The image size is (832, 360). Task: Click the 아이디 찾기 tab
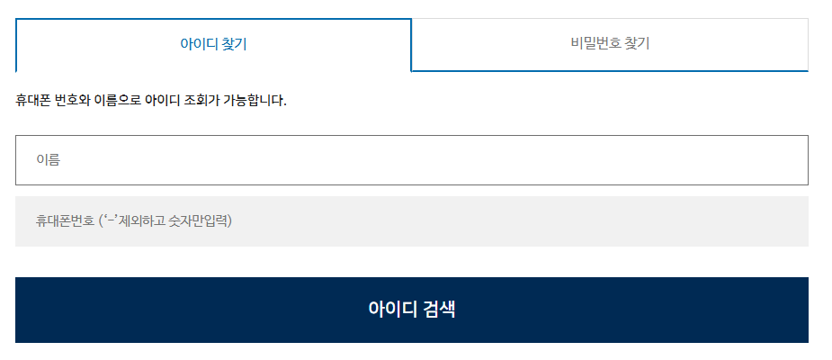coord(213,44)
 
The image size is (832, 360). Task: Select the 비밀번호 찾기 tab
coord(609,43)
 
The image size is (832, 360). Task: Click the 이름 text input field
coord(411,160)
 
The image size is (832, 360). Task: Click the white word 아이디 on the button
coord(392,310)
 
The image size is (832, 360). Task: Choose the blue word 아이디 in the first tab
coord(198,44)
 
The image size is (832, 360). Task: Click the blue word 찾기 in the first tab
coord(234,44)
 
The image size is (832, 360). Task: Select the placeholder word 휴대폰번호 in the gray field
coord(65,220)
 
